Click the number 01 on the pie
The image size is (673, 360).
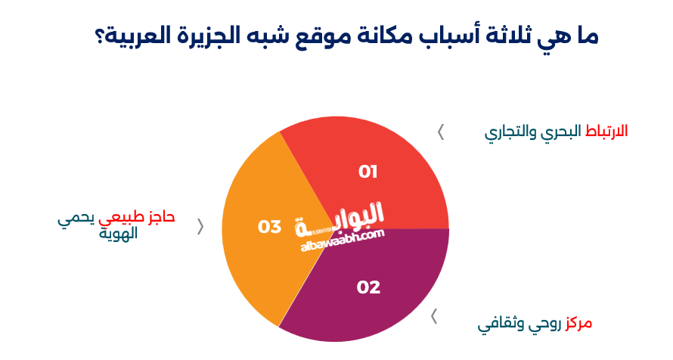[x=368, y=172]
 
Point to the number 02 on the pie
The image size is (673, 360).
[x=368, y=287]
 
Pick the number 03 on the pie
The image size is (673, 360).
[x=270, y=226]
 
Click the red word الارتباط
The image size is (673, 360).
[x=606, y=131]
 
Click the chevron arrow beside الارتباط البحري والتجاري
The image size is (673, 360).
[x=441, y=132]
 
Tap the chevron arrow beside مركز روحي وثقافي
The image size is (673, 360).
[x=434, y=316]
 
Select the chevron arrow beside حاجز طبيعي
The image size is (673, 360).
[x=200, y=226]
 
